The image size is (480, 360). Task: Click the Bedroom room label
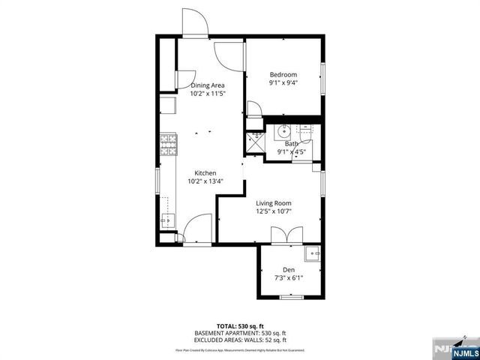point(283,74)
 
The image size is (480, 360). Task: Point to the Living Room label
point(274,203)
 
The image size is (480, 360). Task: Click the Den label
point(289,269)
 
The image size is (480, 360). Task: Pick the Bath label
point(292,143)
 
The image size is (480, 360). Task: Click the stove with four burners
point(168,143)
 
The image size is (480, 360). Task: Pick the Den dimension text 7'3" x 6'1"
point(289,278)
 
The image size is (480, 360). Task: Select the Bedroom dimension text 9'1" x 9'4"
point(283,83)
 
